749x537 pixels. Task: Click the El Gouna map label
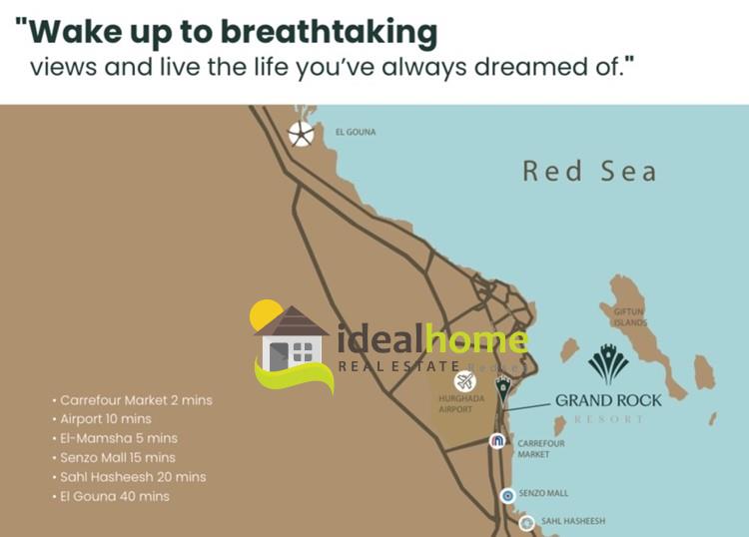coord(356,132)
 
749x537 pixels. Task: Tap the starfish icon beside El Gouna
coord(302,134)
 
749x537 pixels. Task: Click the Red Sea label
coord(589,171)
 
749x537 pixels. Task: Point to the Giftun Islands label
coord(629,317)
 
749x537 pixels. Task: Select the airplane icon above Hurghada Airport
coord(464,381)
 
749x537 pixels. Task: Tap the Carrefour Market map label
coord(540,449)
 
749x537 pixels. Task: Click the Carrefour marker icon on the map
coord(497,441)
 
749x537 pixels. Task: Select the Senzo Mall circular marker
coord(507,496)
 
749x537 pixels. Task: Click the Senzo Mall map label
coord(543,493)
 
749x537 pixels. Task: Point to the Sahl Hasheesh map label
coord(573,521)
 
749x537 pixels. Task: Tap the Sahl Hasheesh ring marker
coord(527,523)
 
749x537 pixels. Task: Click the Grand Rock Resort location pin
coord(502,389)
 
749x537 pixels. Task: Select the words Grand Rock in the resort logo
coord(608,400)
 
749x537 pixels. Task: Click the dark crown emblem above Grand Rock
coord(608,363)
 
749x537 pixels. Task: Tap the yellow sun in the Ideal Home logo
coord(265,314)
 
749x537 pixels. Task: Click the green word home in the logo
coord(476,339)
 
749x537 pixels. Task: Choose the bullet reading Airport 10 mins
coord(102,419)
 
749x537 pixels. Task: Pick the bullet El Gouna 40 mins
coord(111,496)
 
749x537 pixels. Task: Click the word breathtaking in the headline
coord(329,33)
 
